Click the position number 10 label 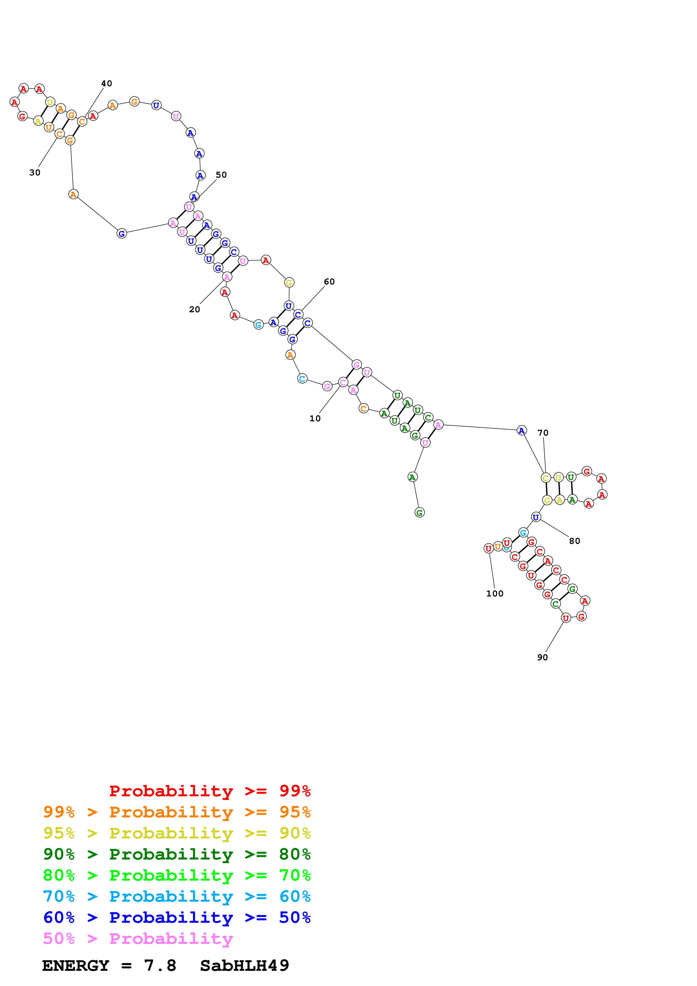pos(315,418)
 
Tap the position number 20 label pos(195,309)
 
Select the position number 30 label pos(35,173)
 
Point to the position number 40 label pos(107,83)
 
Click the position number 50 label pos(221,175)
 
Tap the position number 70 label pos(543,433)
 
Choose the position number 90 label pos(542,657)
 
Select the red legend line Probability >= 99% pos(209,791)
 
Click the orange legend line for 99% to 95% pos(177,812)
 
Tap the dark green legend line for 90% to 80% pos(177,854)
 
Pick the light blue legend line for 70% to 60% pos(177,896)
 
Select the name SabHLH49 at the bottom pos(244,965)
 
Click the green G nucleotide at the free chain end pos(419,512)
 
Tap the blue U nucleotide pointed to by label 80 pos(536,517)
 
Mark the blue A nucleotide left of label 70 pos(521,430)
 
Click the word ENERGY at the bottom pos(76,965)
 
